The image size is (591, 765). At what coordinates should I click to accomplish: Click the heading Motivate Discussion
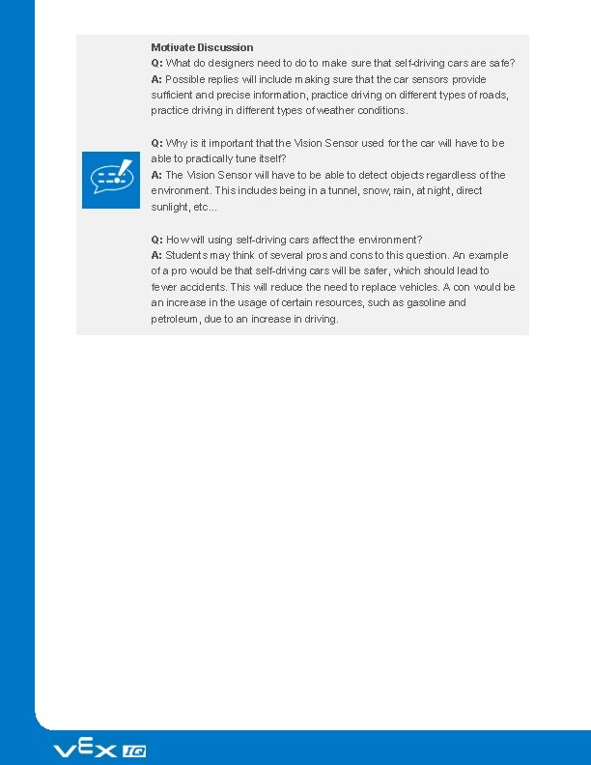click(x=202, y=47)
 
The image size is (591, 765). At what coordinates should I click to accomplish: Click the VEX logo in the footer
click(x=85, y=750)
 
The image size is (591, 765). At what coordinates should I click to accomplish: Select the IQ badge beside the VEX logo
click(x=134, y=751)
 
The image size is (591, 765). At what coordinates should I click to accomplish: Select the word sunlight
click(x=172, y=207)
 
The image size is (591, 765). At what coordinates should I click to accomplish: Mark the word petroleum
click(x=177, y=319)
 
